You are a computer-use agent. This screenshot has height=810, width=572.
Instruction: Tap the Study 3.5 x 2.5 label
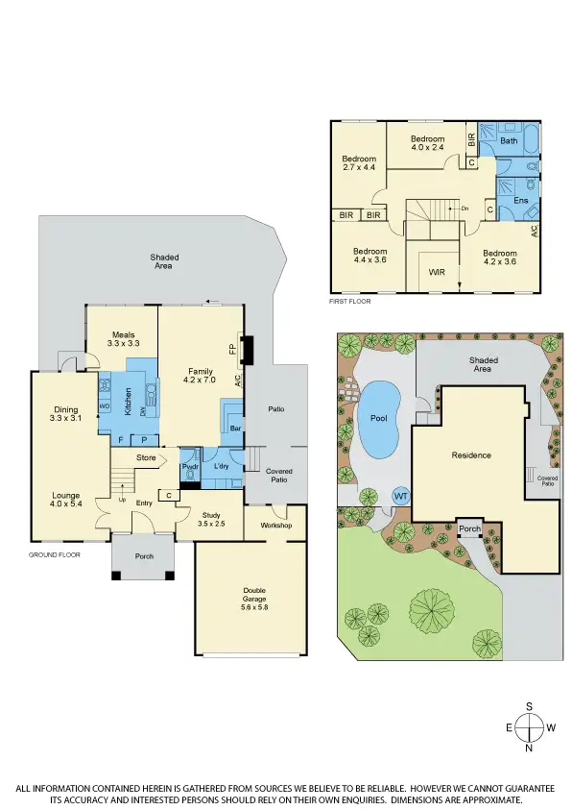[211, 519]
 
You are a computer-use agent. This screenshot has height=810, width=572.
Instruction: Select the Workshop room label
[274, 526]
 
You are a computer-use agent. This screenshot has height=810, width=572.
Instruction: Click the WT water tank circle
[400, 496]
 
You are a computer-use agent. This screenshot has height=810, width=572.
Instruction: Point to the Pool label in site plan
[378, 419]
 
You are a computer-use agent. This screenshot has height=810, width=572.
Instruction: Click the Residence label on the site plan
[471, 454]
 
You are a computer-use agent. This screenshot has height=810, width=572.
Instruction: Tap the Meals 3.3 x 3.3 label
[123, 338]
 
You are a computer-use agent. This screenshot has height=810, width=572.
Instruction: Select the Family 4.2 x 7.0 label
[201, 375]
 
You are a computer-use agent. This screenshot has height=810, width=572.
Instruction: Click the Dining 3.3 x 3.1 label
[66, 413]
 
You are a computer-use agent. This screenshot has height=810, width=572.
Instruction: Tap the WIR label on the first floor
[437, 272]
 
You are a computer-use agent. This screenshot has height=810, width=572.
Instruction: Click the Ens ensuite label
[521, 200]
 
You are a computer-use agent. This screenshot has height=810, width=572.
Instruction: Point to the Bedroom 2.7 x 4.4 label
[359, 162]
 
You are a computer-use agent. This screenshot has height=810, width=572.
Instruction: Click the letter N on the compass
[529, 748]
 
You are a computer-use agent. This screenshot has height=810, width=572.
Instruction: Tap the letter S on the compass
[529, 706]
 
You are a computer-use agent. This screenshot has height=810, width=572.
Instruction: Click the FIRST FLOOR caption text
[349, 301]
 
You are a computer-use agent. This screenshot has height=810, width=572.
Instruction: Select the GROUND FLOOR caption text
[54, 554]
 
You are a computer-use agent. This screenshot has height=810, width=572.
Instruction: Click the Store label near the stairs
[146, 457]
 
